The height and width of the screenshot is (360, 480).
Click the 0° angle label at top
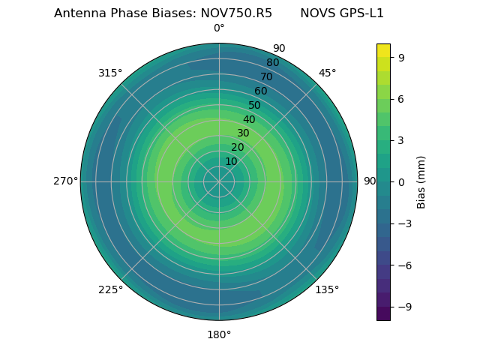point(219,28)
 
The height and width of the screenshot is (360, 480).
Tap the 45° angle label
point(327,73)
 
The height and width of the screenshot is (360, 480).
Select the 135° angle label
point(327,289)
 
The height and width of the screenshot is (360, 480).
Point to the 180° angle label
point(219,334)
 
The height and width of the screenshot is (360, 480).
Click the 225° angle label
point(110,289)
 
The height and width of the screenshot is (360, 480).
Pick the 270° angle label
point(65,181)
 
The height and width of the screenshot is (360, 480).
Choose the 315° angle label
point(110,73)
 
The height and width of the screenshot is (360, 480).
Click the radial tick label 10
point(231,161)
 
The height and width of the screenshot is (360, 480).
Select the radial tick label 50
point(255,106)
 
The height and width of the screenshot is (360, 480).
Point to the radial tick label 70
point(266,77)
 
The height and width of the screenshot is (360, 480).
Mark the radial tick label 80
point(272,63)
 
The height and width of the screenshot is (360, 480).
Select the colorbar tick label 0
point(401,181)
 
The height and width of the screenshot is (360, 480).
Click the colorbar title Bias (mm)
point(421,181)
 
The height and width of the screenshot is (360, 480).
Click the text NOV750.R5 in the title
point(236,13)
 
